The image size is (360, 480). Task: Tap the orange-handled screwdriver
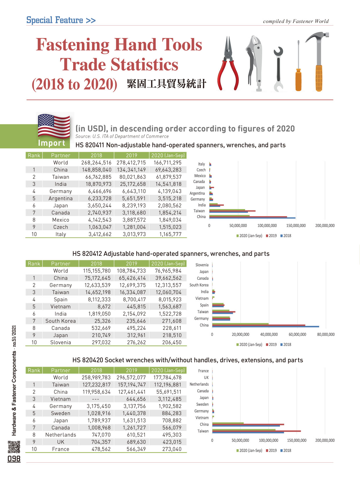pyautogui.click(x=298, y=78)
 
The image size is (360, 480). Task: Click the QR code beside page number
pyautogui.click(x=14, y=447)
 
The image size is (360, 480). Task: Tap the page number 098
pyautogui.click(x=14, y=459)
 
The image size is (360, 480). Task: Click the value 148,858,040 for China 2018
pyautogui.click(x=96, y=170)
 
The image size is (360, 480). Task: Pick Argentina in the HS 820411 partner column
pyautogui.click(x=60, y=198)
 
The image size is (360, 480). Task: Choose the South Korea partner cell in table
pyautogui.click(x=60, y=321)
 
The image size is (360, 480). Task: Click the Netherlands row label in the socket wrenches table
pyautogui.click(x=60, y=435)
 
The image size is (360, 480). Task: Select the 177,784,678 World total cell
pyautogui.click(x=168, y=377)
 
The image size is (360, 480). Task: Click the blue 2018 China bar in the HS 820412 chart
pyautogui.click(x=265, y=327)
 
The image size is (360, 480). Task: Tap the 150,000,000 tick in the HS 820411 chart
pyautogui.click(x=296, y=226)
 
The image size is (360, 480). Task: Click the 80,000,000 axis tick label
pyautogui.click(x=326, y=335)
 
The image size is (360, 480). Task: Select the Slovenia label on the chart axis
pyautogui.click(x=202, y=265)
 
